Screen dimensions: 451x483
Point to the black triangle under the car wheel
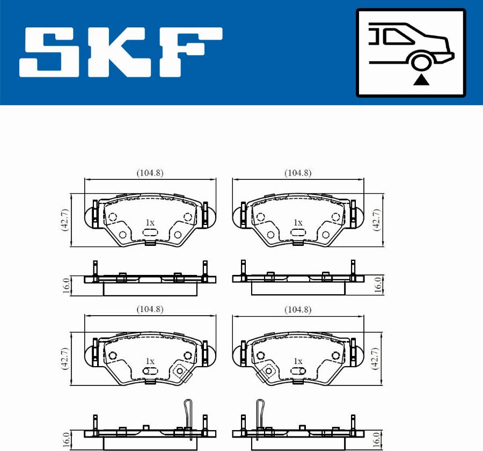(422, 80)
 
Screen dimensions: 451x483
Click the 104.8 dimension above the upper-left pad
(150, 173)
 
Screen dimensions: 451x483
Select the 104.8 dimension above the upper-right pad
(298, 173)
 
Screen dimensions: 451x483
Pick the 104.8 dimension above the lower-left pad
(150, 309)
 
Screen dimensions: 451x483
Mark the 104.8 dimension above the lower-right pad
(298, 310)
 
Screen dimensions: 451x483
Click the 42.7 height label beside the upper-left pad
(65, 220)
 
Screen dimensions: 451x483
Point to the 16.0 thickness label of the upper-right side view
(377, 284)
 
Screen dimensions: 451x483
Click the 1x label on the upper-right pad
(298, 222)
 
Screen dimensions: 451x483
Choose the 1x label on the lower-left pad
(150, 361)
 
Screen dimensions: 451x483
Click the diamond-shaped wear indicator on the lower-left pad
(179, 371)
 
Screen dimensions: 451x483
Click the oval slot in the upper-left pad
(150, 233)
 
